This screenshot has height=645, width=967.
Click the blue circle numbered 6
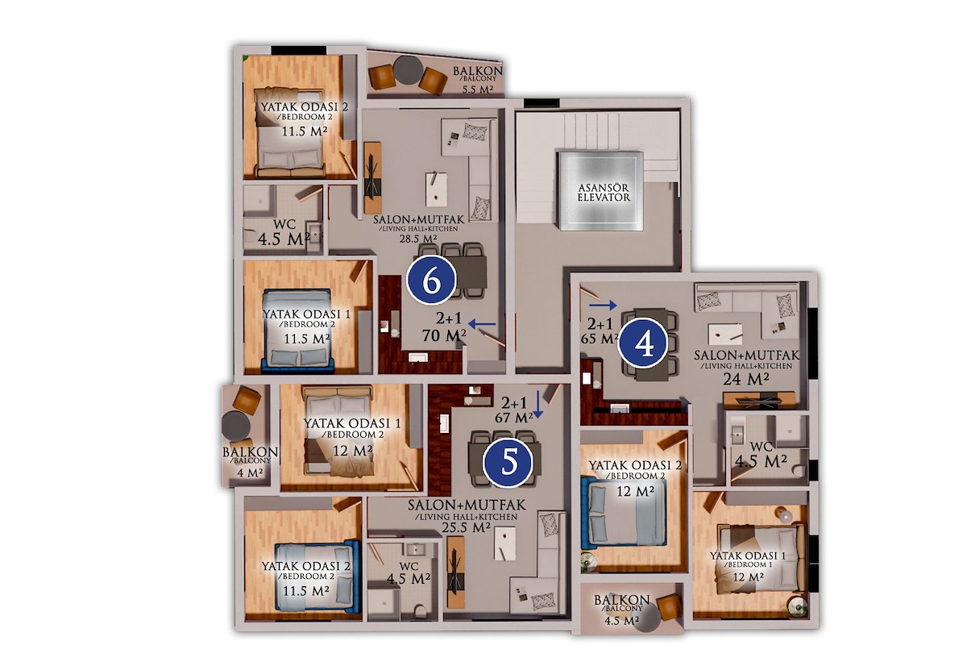431,281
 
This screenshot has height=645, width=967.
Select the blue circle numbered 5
507,462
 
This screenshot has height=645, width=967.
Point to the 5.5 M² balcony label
478,89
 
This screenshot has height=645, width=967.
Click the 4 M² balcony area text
250,472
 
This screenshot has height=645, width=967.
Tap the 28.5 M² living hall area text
418,238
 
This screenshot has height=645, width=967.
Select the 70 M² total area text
444,335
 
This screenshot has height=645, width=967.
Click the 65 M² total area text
600,339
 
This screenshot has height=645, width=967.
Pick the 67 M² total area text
514,418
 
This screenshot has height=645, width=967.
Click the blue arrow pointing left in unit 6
482,323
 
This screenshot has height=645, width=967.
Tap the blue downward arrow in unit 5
537,405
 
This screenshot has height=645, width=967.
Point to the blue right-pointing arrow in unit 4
603,306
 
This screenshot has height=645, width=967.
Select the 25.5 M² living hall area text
467,527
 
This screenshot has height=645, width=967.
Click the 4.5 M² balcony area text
621,620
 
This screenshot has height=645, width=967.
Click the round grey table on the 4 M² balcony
235,426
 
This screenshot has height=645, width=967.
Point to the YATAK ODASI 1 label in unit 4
748,556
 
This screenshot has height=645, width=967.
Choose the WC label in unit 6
284,225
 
